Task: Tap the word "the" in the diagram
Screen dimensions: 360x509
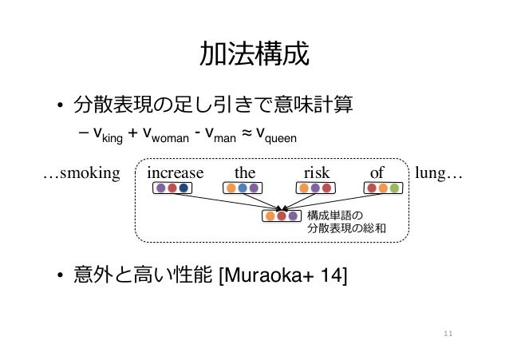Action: pos(244,172)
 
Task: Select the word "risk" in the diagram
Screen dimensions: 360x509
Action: pos(317,172)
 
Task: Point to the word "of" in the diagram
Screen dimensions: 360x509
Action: pos(377,172)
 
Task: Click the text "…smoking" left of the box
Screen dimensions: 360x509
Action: pos(80,172)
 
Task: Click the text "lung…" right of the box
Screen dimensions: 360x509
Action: pos(441,172)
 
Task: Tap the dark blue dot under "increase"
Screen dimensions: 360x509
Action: pos(183,189)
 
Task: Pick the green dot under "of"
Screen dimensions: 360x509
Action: pos(395,189)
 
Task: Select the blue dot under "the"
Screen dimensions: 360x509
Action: pos(243,189)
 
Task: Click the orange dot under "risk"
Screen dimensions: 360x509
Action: pos(304,189)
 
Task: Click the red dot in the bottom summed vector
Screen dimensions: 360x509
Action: pos(282,216)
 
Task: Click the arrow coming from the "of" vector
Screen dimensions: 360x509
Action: pos(335,202)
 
